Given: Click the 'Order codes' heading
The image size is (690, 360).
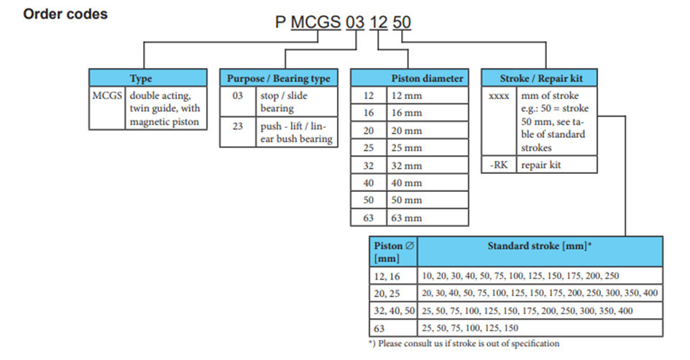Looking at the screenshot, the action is click(x=65, y=14).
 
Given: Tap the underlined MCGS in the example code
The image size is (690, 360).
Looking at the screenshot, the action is click(x=316, y=22).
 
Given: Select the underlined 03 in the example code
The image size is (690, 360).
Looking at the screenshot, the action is click(x=354, y=22).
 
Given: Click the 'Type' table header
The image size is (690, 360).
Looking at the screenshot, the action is click(x=141, y=78).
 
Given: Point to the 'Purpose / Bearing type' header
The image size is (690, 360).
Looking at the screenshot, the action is click(x=279, y=78).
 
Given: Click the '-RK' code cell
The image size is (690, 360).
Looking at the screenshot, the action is click(x=499, y=165).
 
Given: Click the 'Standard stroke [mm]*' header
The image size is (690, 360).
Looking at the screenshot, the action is click(x=540, y=246).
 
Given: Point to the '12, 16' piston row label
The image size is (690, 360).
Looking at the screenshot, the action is click(x=387, y=277).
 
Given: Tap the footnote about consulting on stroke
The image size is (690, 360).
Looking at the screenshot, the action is click(x=464, y=343).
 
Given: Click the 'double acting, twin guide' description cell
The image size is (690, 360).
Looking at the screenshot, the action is click(x=165, y=109).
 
